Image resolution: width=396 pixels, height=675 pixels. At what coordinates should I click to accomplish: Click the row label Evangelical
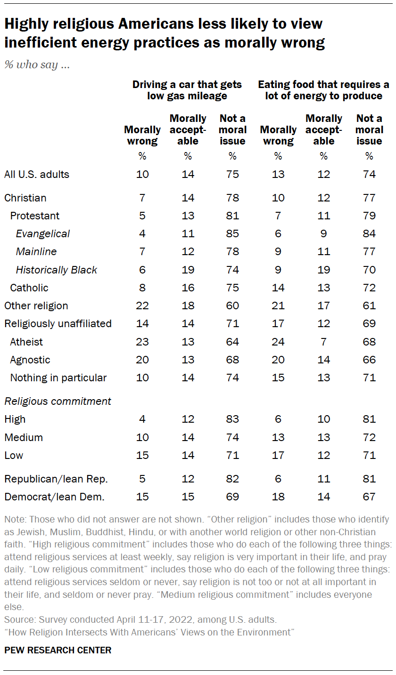(x=43, y=234)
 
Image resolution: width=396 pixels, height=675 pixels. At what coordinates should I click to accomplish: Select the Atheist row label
(x=26, y=342)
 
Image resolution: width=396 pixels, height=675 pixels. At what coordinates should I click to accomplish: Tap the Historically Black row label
(x=57, y=270)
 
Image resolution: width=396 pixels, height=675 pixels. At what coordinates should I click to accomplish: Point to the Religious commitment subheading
(x=58, y=401)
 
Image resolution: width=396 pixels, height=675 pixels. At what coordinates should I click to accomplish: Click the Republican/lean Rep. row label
(x=56, y=479)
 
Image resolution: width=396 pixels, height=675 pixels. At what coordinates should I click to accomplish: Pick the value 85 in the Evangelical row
(x=232, y=234)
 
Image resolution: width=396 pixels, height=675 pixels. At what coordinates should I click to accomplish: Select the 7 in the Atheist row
(x=323, y=342)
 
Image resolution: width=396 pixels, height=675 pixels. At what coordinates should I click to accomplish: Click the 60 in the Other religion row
(x=232, y=306)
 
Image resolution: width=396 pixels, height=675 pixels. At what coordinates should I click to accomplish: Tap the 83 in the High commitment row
(x=232, y=419)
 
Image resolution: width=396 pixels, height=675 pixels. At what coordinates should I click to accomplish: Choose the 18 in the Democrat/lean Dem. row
(x=278, y=497)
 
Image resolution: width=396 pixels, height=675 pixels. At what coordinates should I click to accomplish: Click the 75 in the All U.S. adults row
(x=232, y=174)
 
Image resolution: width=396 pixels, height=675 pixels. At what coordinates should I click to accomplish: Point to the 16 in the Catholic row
(x=188, y=288)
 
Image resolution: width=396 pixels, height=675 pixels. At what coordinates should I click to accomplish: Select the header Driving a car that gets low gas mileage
(x=187, y=90)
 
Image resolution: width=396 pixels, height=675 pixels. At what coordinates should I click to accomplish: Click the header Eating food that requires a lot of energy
(x=323, y=90)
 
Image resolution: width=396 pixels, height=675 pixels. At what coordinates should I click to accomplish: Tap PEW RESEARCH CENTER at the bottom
(x=58, y=650)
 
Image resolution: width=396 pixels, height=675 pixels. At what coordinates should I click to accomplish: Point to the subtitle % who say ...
(x=37, y=65)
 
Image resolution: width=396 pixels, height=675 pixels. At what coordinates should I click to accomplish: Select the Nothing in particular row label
(x=58, y=378)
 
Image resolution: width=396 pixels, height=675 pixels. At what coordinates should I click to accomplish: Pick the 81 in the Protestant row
(x=232, y=216)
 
